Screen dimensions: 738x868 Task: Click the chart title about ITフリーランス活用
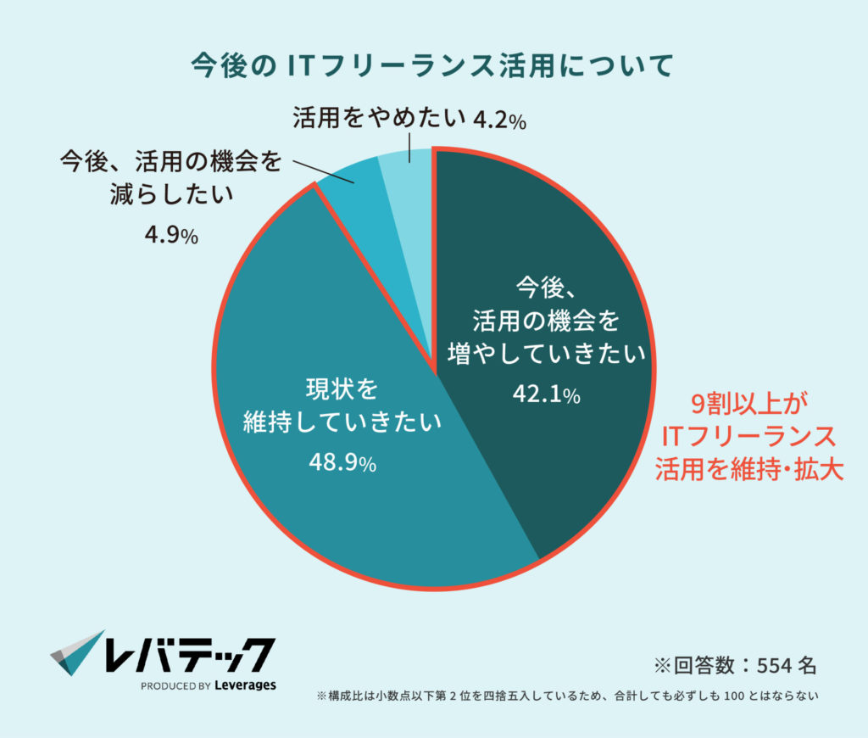(x=433, y=64)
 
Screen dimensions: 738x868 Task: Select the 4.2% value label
(x=499, y=120)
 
